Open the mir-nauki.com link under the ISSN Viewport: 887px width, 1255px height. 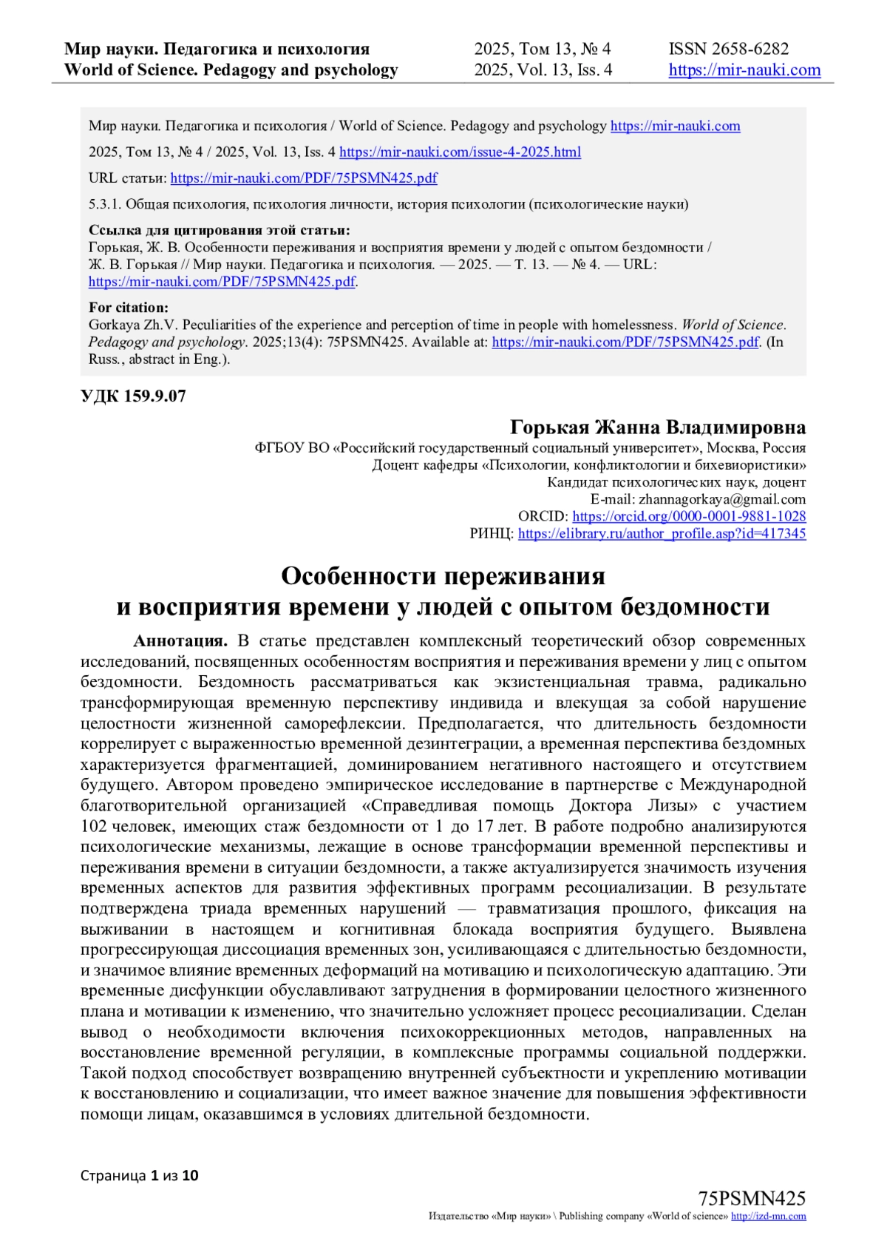[744, 70]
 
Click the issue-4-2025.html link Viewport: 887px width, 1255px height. [460, 152]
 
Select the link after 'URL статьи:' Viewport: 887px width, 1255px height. [304, 177]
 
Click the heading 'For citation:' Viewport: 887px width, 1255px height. [129, 307]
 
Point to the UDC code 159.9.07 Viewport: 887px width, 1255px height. [133, 396]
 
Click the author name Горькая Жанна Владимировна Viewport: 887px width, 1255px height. [657, 427]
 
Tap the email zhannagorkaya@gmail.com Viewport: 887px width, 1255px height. [722, 499]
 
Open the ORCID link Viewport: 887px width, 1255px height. [689, 516]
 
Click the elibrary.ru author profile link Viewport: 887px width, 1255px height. [662, 533]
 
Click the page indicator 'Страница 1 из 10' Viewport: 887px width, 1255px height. [139, 1175]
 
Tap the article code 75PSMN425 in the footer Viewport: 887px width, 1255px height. [752, 1199]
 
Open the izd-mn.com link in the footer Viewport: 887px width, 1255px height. [768, 1217]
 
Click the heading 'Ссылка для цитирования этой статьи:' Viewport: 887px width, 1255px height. [220, 230]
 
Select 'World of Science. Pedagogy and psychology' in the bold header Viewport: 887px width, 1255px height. [231, 70]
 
